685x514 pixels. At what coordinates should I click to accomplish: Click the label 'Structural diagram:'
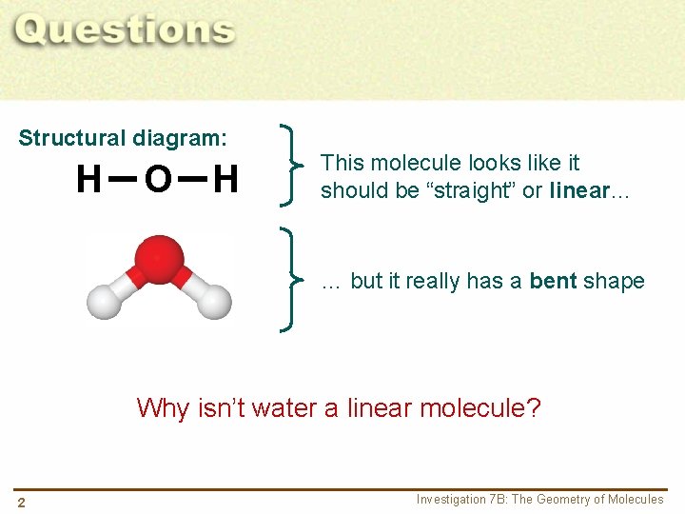click(123, 138)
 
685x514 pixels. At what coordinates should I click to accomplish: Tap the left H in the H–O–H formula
click(88, 179)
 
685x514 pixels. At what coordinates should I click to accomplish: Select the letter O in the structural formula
click(158, 179)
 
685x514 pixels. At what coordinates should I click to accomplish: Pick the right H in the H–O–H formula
click(225, 179)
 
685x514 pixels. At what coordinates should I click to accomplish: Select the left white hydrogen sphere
click(103, 301)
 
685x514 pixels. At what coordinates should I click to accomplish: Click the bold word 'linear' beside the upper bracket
click(578, 190)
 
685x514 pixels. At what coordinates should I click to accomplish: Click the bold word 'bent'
click(553, 281)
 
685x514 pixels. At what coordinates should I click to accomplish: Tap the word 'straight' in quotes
click(473, 190)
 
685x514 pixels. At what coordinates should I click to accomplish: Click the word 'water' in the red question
click(285, 408)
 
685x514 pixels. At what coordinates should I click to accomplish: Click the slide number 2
click(20, 502)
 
